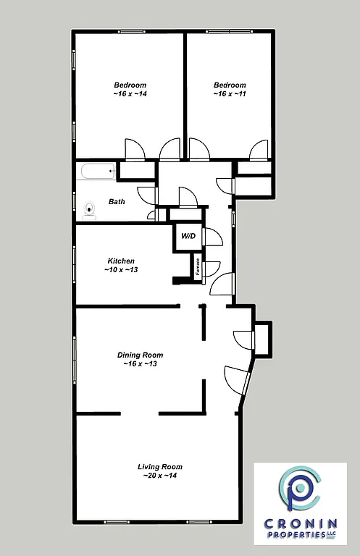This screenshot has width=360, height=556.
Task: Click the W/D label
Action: [x=188, y=236]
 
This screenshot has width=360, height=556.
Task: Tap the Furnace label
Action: [x=197, y=266]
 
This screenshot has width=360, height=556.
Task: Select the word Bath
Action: [x=117, y=202]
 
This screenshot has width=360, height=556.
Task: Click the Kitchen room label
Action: [x=121, y=261]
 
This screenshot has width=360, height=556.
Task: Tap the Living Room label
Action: [x=160, y=466]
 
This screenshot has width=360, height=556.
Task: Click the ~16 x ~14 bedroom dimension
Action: [x=130, y=94]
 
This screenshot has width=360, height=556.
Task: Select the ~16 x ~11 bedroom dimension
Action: [x=229, y=94]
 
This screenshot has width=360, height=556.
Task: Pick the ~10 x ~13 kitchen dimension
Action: [x=121, y=270]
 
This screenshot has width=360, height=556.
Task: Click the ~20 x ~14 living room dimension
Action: [x=160, y=476]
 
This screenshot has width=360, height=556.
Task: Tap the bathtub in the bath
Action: [x=97, y=172]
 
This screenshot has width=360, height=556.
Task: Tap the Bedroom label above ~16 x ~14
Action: [x=130, y=85]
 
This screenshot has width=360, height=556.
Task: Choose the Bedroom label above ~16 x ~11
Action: [x=229, y=85]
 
